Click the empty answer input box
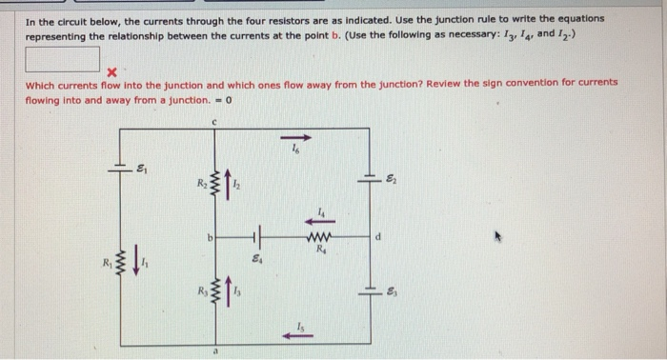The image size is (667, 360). click(62, 58)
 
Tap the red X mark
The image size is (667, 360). click(111, 71)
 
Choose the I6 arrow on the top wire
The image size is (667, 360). click(295, 135)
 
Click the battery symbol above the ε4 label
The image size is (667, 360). click(253, 233)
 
